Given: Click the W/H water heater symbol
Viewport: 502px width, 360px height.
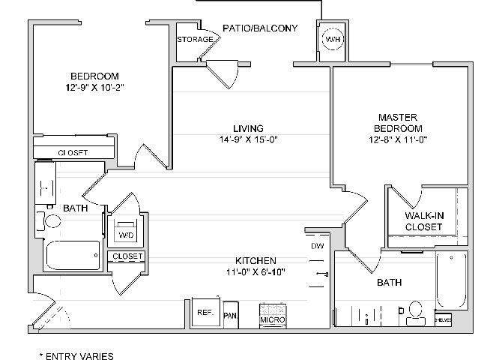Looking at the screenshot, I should pos(330,39).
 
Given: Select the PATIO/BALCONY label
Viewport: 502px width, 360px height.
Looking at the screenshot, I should pos(260,28).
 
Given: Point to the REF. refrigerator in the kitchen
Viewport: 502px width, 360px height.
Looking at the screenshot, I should pos(205,312).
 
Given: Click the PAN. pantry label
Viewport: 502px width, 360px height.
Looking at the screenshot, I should pos(231,316).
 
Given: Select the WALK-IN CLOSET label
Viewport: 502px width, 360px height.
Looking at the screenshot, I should pos(424,221).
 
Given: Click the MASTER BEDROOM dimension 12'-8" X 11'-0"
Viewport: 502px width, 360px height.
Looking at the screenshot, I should pos(397,139).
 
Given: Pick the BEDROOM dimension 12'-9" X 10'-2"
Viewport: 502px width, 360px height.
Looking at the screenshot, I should pos(94,88).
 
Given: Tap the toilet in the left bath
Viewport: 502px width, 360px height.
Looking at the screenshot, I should pos(52,221).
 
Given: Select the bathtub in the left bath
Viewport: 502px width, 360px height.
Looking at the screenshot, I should pos(73,255).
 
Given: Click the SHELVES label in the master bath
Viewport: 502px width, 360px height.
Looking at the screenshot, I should pos(443,320).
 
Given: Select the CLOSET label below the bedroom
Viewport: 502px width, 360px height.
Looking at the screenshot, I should pos(73,153).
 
